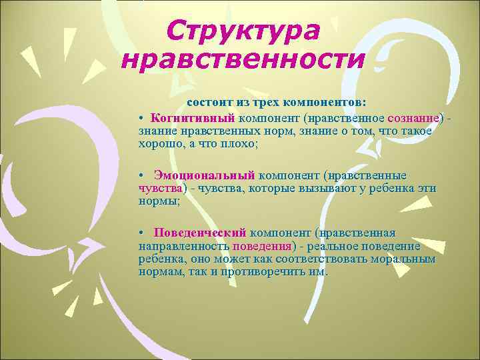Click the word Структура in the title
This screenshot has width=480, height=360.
click(x=243, y=30)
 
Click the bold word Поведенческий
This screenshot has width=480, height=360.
click(x=200, y=233)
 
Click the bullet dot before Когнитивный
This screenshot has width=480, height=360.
click(x=143, y=118)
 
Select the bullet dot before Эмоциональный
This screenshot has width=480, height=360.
click(x=143, y=176)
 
